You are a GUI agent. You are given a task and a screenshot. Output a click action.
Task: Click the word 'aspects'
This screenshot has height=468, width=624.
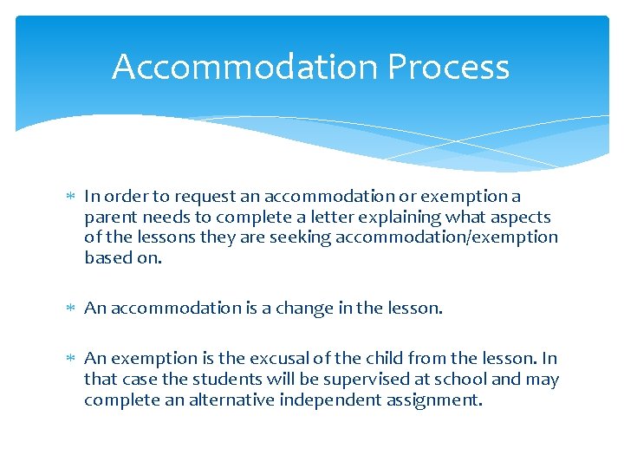pos(520,218)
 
